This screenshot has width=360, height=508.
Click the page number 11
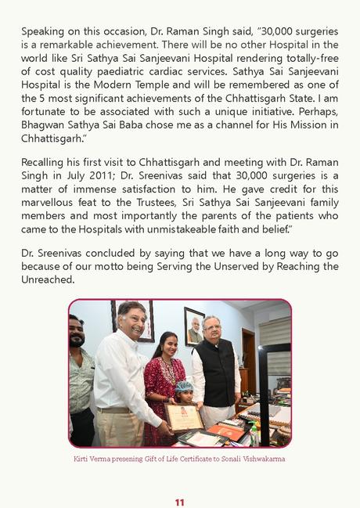pos(179,502)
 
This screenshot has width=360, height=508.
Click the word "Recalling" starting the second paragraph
pos(45,161)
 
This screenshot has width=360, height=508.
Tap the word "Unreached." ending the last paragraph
pos(48,280)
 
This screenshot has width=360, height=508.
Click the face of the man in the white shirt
pos(131,319)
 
